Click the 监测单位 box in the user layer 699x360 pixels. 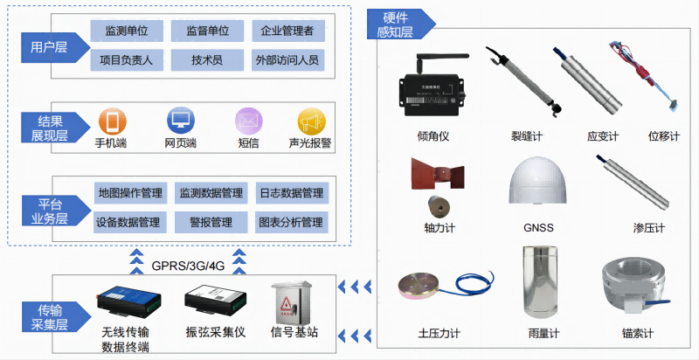tap(126, 31)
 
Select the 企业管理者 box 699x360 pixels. tap(287, 31)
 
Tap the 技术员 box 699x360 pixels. tap(206, 59)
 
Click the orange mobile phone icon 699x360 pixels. tap(111, 121)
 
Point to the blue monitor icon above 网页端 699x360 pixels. tap(180, 121)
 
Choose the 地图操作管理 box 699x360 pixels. tap(130, 192)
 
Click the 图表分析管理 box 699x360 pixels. tap(291, 222)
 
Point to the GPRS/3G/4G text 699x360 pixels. tap(186, 265)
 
